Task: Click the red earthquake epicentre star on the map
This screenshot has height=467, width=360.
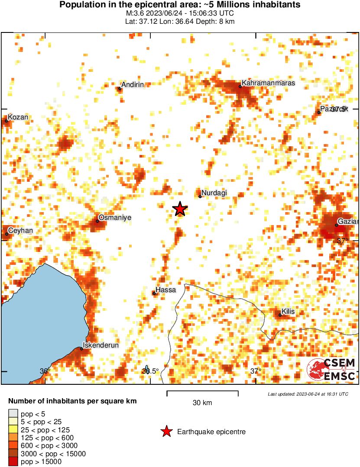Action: pos(180,209)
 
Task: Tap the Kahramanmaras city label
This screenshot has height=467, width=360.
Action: pos(268,83)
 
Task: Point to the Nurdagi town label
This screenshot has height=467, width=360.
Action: pos(214,193)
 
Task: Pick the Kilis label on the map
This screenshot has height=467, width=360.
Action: pos(289,311)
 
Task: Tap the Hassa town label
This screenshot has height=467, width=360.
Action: pos(165,290)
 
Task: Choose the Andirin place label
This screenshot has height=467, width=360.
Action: pos(132,85)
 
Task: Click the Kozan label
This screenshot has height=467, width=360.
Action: pos(18,117)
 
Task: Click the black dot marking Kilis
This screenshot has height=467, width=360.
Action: pos(280,315)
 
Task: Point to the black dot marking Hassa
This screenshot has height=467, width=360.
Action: pos(154,293)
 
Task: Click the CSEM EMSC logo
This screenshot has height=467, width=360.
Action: pos(331,370)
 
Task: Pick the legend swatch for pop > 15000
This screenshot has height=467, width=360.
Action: pos(13,462)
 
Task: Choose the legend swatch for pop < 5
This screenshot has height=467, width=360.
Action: pos(13,413)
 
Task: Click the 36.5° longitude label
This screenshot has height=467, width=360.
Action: pos(151,371)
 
